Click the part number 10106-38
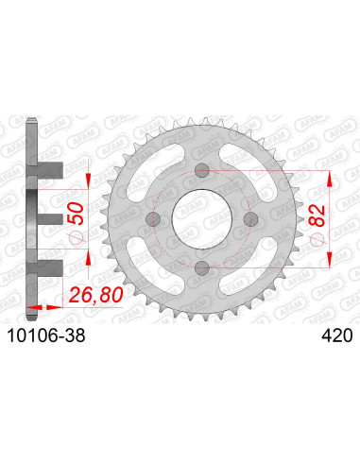coord(43,334)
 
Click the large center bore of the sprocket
coord(200,218)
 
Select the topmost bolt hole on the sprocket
coord(200,170)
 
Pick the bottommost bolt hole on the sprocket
coord(200,267)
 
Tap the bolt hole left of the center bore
coord(152,218)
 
